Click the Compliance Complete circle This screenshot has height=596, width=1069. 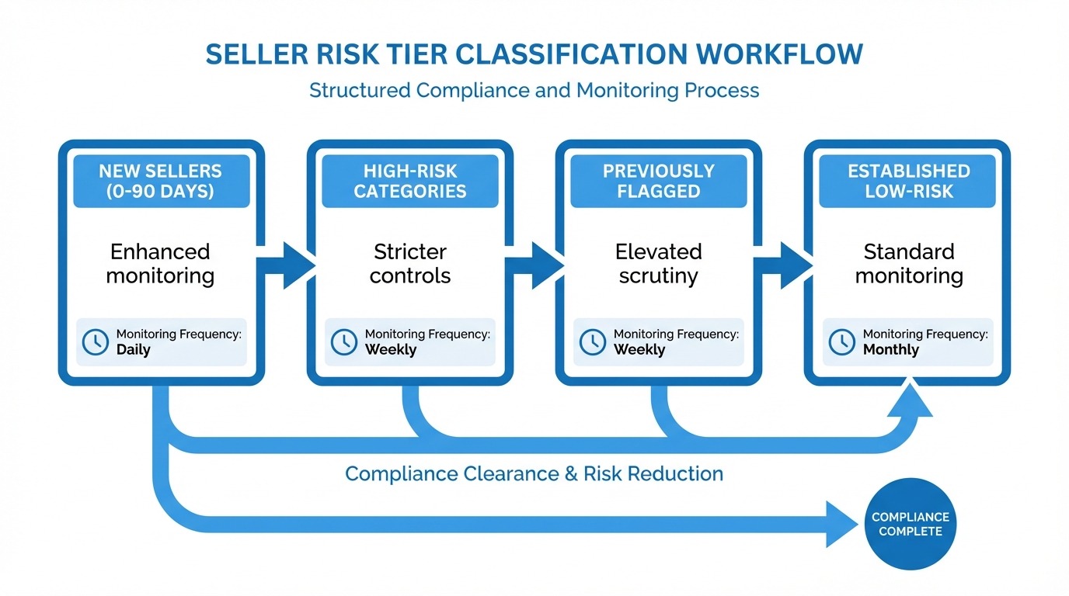coord(910,524)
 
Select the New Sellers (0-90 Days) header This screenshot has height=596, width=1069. coord(162,181)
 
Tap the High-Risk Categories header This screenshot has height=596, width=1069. coord(410,181)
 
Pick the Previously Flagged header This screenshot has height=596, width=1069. coord(659,181)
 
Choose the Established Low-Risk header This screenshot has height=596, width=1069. coord(908,181)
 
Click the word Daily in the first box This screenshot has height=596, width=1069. coord(133,350)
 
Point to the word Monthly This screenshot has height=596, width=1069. coord(890,350)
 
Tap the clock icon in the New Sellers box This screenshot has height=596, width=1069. coord(96,342)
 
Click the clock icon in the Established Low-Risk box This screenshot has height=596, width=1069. coord(841,342)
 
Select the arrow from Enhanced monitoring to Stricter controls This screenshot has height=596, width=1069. coord(286,265)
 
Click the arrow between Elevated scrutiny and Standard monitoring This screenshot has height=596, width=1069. coord(783,265)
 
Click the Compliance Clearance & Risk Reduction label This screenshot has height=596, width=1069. coord(534,473)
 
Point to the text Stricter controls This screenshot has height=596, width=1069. coord(410,264)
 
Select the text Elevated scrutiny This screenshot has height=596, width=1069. coord(659,264)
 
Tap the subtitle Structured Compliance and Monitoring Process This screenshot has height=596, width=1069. coord(534,90)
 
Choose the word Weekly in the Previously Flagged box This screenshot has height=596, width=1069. coord(639,350)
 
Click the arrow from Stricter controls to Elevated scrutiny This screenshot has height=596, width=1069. coord(535,265)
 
